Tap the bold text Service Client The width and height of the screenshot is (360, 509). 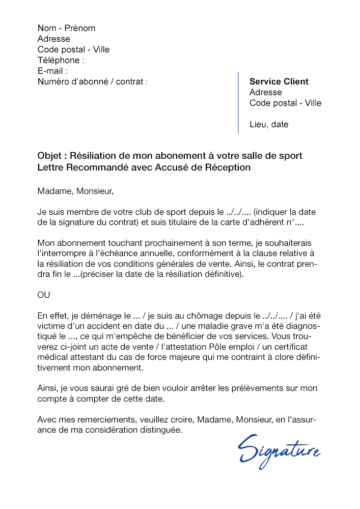279,81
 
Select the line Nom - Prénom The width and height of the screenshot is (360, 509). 66,28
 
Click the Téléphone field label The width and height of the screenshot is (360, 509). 61,60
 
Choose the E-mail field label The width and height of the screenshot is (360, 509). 52,71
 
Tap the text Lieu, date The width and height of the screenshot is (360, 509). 269,124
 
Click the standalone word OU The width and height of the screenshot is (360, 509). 44,295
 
